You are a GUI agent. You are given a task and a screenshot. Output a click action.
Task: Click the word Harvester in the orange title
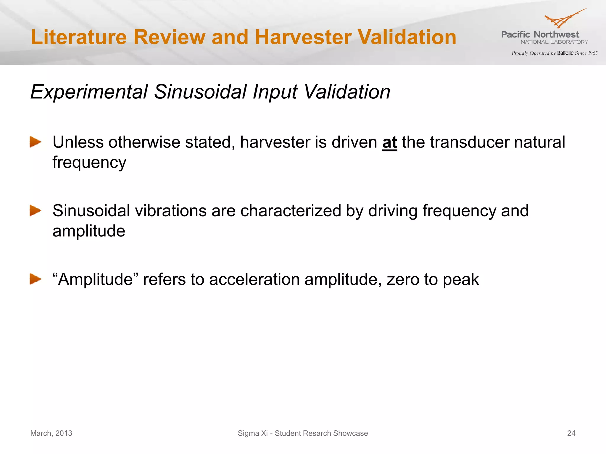point(303,37)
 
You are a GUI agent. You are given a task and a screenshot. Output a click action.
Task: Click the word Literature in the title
point(79,37)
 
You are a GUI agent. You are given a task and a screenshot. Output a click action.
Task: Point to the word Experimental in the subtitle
point(89,92)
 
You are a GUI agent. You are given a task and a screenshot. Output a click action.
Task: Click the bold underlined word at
point(389,142)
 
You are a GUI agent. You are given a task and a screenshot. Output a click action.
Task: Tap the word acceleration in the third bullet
point(254,280)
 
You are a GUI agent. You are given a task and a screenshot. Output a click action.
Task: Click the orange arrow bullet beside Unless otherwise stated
point(35,142)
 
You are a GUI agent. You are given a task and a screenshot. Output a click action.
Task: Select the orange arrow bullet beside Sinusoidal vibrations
point(35,211)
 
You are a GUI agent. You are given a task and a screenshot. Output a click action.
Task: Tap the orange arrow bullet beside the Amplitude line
point(35,279)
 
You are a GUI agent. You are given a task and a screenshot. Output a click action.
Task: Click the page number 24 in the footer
point(571,433)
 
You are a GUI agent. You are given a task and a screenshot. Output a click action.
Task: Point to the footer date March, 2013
point(51,433)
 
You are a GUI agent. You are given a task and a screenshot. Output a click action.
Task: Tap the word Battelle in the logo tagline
point(565,53)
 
